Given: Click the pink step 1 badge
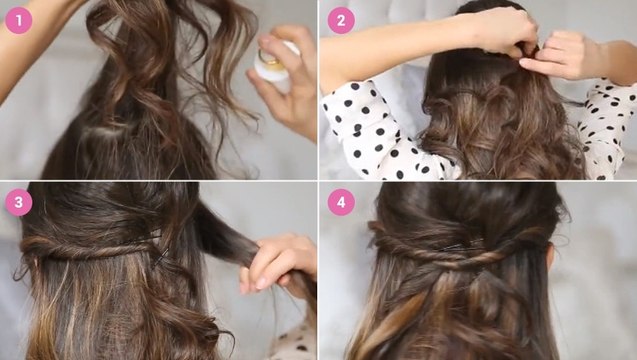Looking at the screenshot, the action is [x=18, y=20].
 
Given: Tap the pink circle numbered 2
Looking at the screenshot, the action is [x=341, y=20].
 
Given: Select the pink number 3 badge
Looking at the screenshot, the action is [x=18, y=202].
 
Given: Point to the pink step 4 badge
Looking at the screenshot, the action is [x=341, y=202].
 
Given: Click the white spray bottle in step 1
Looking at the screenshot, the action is [x=275, y=65].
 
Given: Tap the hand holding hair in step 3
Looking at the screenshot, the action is [x=276, y=264].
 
